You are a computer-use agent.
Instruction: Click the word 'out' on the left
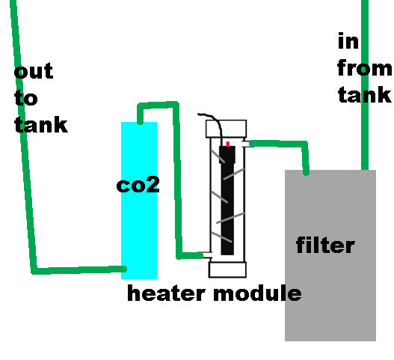click(x=34, y=71)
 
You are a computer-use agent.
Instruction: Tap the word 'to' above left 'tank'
click(x=25, y=98)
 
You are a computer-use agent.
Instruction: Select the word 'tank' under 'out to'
click(x=41, y=123)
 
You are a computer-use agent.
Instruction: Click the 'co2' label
click(x=138, y=185)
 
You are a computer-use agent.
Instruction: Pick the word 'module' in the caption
click(x=257, y=293)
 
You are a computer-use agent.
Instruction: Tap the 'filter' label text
click(x=325, y=245)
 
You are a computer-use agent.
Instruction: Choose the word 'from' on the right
click(x=364, y=68)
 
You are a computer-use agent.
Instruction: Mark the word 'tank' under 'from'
click(x=365, y=95)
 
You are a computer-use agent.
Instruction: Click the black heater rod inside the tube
click(x=227, y=202)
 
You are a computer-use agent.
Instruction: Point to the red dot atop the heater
click(x=227, y=143)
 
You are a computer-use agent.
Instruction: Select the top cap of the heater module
click(x=227, y=128)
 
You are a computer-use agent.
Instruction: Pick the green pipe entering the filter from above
click(x=365, y=90)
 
